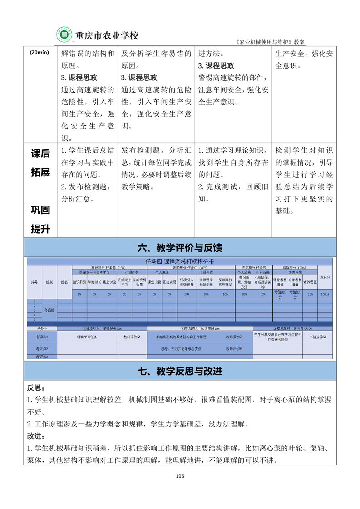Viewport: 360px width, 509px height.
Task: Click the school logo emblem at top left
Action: point(64,34)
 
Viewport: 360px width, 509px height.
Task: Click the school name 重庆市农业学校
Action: point(106,35)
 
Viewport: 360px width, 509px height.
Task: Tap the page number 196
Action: point(180,475)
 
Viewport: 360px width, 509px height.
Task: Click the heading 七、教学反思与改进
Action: point(180,371)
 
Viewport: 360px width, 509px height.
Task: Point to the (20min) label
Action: point(39,52)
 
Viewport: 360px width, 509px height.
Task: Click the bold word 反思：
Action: point(36,388)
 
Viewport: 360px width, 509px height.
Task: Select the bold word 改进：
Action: point(36,436)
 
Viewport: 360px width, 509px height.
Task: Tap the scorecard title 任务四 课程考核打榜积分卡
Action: point(180,262)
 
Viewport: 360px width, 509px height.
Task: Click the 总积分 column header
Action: point(325,277)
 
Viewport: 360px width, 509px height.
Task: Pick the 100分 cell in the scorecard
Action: point(325,294)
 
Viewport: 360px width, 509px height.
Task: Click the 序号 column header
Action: point(34,282)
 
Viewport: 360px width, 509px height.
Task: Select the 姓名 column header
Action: point(64,282)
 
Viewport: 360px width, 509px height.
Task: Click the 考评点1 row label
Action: point(42,337)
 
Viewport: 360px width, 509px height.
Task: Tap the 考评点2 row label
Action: point(42,349)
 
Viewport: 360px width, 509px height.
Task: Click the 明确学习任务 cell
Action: point(87,337)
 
